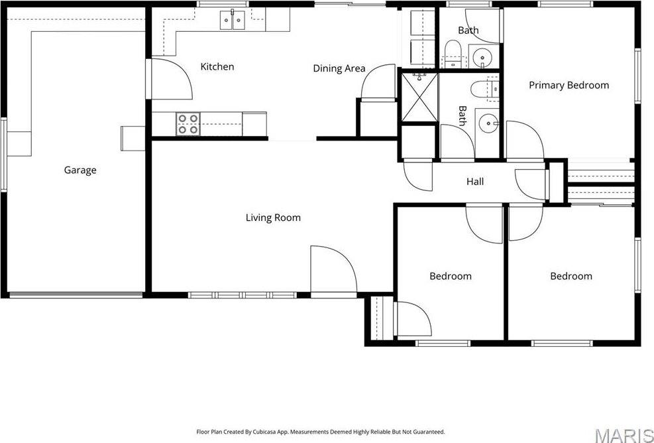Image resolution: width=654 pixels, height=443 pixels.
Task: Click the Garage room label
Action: (80, 170)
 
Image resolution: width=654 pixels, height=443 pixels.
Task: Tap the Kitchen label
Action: (217, 67)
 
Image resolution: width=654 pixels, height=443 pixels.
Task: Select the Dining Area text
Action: (339, 68)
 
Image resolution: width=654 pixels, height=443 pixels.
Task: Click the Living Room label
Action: (273, 218)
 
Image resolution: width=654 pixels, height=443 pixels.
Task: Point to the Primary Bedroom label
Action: (569, 86)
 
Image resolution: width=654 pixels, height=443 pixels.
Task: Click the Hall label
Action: (475, 181)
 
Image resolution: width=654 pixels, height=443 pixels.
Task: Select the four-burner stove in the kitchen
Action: (188, 124)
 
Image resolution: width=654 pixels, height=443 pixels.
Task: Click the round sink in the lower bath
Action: (488, 123)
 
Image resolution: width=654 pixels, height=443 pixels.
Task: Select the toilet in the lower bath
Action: (480, 88)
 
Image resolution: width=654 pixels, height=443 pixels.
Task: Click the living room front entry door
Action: (334, 269)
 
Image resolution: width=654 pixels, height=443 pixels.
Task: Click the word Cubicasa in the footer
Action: (266, 432)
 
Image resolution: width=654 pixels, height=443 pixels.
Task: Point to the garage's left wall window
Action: (4, 153)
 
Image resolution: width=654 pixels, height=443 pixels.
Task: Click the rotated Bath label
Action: (462, 116)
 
